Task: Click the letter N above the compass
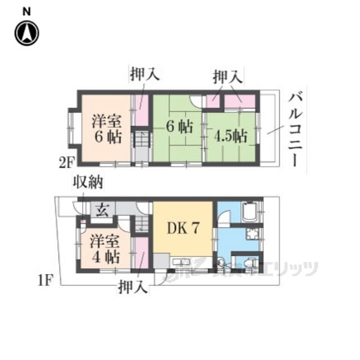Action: click(26, 11)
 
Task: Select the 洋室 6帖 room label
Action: click(106, 129)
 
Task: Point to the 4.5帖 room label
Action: click(229, 136)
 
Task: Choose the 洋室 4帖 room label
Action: click(105, 250)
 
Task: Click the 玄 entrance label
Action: click(101, 210)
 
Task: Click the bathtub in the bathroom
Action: click(249, 213)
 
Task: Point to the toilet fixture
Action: click(251, 262)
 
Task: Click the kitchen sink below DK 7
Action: click(182, 262)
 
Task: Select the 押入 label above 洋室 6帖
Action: click(144, 74)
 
